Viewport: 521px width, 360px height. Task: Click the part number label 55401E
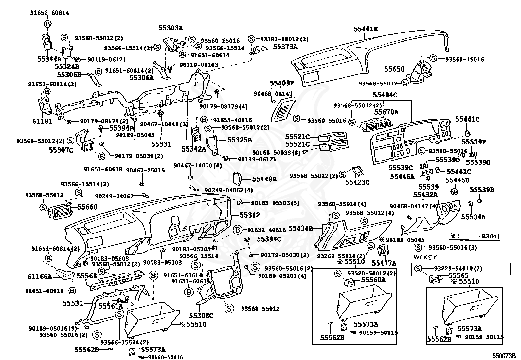[366, 29]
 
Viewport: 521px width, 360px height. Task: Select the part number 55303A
[171, 28]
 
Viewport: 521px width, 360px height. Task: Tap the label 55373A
[285, 47]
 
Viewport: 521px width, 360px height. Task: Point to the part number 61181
[42, 121]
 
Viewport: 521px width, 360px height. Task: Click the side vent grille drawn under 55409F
[283, 109]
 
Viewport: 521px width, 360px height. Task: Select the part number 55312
[250, 215]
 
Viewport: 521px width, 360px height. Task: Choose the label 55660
[87, 207]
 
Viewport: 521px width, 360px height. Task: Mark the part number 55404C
[385, 95]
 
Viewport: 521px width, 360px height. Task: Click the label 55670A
[386, 112]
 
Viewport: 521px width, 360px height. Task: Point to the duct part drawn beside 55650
[421, 71]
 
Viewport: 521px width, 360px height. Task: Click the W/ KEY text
[425, 257]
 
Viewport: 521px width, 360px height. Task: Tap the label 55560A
[373, 280]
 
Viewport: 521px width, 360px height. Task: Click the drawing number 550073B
[504, 355]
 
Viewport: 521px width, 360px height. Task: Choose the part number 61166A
[40, 277]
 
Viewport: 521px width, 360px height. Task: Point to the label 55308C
[201, 315]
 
